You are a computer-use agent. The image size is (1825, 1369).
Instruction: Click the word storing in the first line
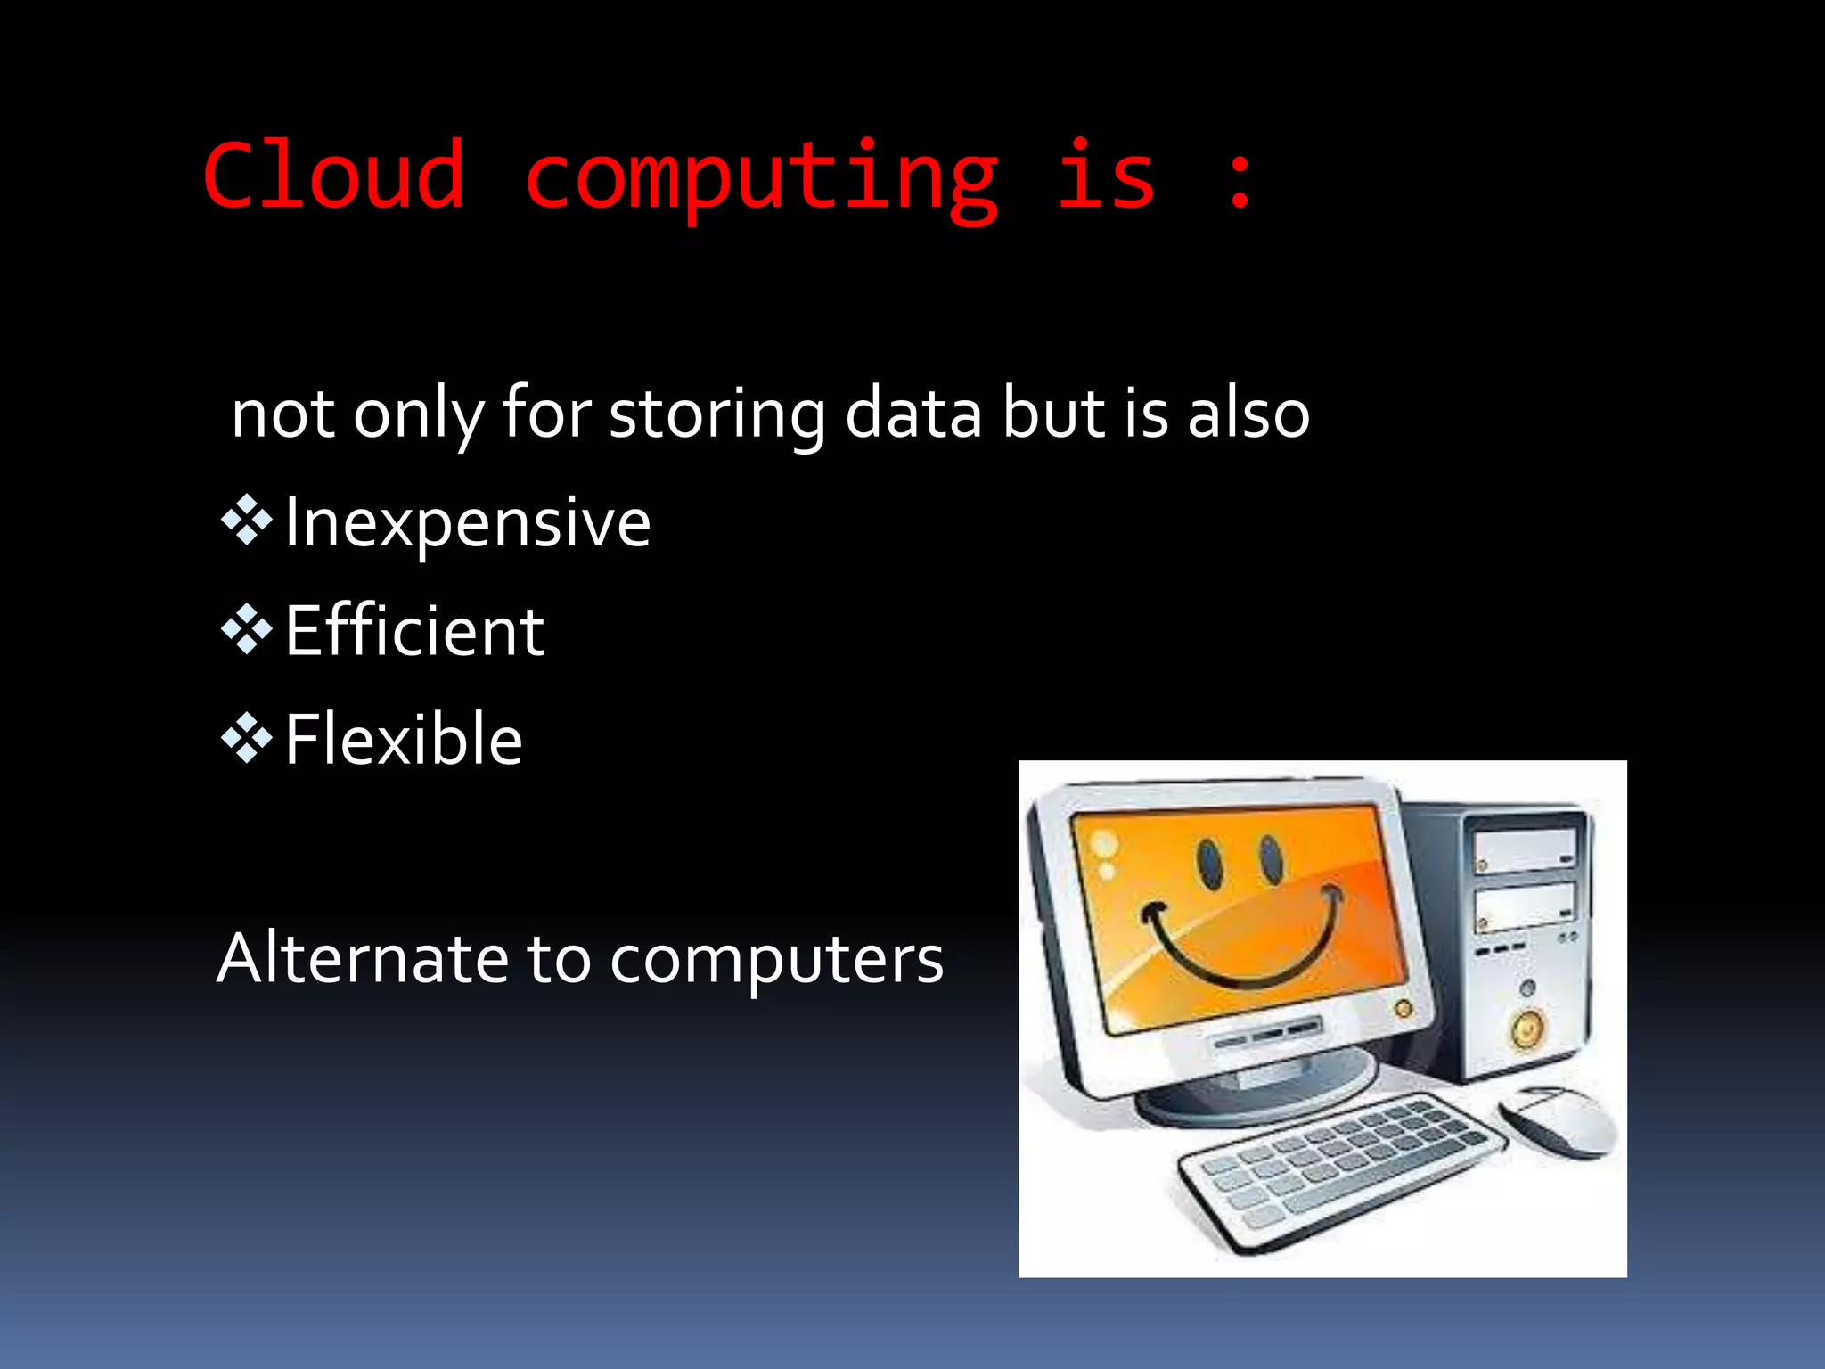pos(716,414)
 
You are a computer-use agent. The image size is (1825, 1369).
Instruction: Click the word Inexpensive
pos(468,523)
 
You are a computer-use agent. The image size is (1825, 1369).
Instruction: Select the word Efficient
pos(414,631)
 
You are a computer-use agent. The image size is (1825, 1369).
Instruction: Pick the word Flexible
pos(404,740)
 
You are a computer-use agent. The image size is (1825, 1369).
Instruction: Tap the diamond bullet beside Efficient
pos(247,628)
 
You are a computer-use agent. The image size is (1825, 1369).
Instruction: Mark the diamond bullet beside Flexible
pos(247,737)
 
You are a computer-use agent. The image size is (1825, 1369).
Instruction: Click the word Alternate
pos(360,959)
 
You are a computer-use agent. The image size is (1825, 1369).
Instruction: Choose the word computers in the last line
pos(776,961)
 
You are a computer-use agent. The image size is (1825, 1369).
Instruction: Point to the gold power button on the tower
pos(1526,1029)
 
